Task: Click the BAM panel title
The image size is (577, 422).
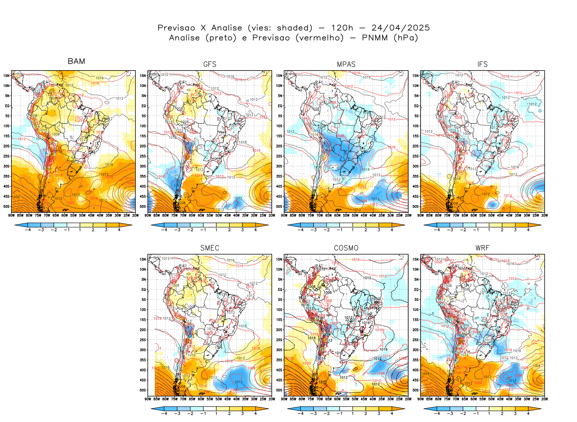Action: click(76, 61)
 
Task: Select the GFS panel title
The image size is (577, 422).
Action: click(210, 64)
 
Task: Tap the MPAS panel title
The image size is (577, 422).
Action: click(346, 64)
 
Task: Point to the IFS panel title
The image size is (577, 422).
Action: click(482, 64)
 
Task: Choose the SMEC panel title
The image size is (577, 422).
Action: click(210, 248)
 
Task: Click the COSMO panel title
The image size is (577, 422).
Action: click(346, 248)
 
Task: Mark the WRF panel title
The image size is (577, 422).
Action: click(482, 248)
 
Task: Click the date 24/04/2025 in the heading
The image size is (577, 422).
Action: click(400, 28)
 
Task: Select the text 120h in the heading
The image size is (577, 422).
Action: click(342, 28)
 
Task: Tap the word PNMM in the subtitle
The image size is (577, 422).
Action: click(375, 38)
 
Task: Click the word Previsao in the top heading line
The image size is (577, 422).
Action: click(176, 28)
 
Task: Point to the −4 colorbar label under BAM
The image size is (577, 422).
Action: click(28, 230)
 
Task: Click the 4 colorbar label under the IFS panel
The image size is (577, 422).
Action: click(528, 230)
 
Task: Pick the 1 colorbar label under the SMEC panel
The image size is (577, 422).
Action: click(216, 413)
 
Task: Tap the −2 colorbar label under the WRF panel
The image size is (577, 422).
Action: click(463, 413)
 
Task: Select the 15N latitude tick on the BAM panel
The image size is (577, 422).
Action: click(6, 76)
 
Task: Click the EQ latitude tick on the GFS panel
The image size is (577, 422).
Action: click(143, 106)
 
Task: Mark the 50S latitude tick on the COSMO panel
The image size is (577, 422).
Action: click(279, 390)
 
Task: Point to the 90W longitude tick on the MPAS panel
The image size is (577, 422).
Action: click(284, 215)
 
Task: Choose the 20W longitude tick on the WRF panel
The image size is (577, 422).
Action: click(545, 399)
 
